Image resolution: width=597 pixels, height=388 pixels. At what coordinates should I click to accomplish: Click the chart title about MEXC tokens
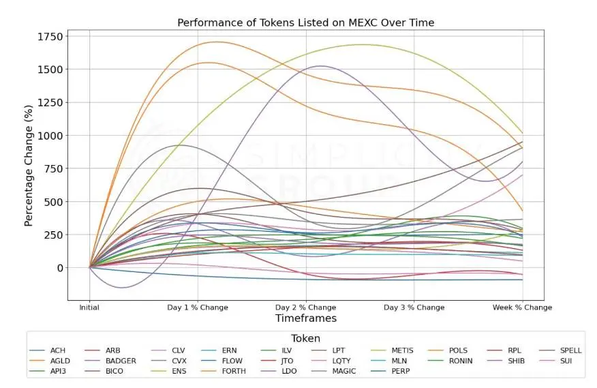(305, 23)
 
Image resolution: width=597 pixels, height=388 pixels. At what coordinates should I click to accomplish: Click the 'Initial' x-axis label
(89, 308)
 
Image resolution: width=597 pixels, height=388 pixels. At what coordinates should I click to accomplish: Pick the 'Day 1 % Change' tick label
(198, 308)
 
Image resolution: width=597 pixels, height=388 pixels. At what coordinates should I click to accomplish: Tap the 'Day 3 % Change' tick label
(414, 308)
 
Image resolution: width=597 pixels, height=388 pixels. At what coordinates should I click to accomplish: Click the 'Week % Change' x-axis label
(522, 308)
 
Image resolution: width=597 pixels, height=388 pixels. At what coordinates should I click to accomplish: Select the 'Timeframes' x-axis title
(305, 318)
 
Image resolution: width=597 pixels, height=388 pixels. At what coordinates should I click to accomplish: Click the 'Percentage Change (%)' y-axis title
(29, 166)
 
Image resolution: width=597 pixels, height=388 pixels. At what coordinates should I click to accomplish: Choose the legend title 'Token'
(305, 338)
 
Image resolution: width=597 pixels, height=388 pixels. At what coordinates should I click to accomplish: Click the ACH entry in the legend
(57, 350)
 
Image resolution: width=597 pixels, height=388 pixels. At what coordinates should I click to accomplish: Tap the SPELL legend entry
(570, 350)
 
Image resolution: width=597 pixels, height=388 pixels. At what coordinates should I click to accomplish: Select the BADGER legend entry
(121, 361)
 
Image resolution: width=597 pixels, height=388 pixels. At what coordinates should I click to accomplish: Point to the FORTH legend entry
(234, 371)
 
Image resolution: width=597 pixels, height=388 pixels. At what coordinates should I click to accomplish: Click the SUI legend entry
(566, 361)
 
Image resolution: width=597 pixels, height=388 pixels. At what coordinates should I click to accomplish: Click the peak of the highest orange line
(216, 42)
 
